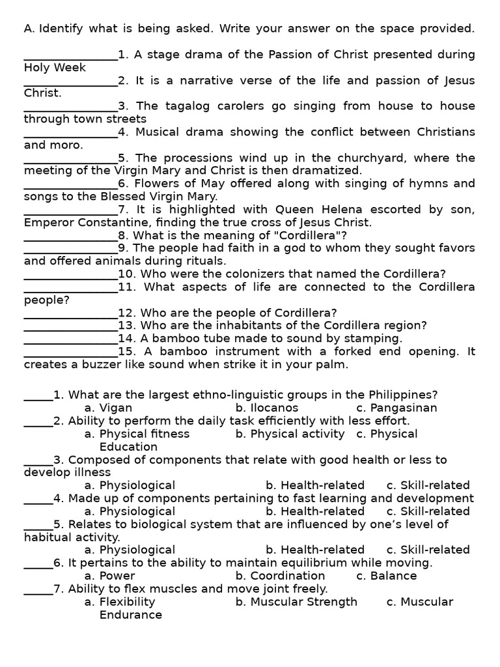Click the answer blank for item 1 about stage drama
pos(70,55)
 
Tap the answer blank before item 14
pos(70,339)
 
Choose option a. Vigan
pos(108,408)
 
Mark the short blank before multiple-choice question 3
pos(38,460)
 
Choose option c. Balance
pos(386,576)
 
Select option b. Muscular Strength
pos(296,602)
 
